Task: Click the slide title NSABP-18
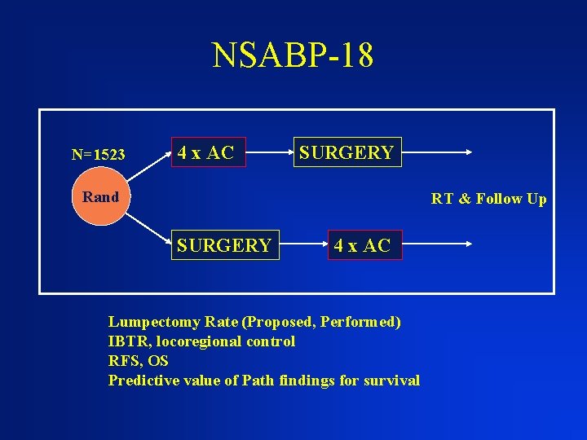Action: (x=293, y=55)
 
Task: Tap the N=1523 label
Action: (x=98, y=155)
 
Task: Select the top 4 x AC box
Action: (x=206, y=152)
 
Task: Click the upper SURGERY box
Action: (x=347, y=152)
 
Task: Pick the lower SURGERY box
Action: (x=224, y=245)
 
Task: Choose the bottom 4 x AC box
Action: (x=362, y=245)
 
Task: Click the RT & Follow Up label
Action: (x=489, y=199)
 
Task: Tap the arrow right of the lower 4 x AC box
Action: (x=436, y=243)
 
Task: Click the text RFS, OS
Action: (x=138, y=360)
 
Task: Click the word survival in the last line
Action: (x=395, y=380)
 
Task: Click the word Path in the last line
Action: (x=258, y=380)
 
